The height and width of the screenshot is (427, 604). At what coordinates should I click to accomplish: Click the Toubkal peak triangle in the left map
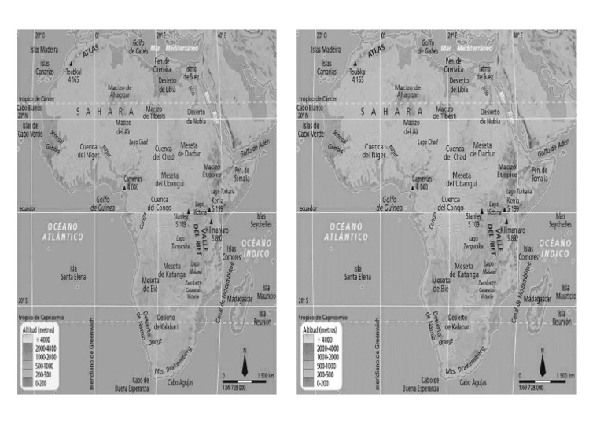pos(72,64)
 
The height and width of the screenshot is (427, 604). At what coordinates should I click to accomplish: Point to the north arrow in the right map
pos(543,364)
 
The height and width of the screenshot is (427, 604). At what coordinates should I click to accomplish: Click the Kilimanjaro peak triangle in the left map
pos(210,223)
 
